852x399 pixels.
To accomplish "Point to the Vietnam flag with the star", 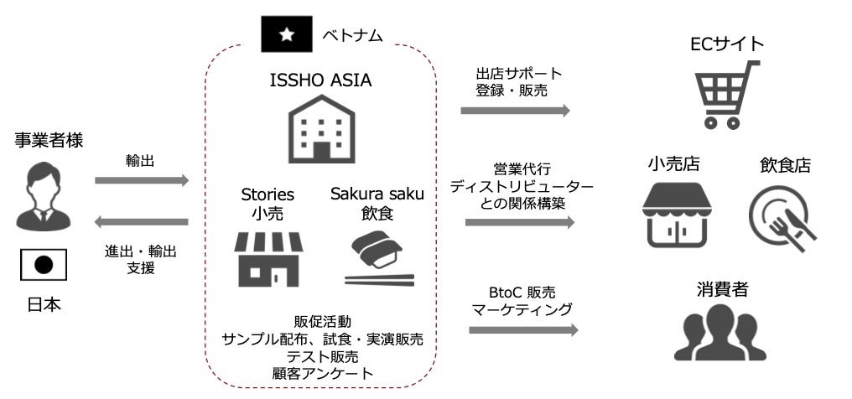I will [286, 34].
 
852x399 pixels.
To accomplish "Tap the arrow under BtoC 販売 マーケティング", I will [523, 329].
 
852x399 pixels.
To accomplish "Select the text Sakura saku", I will [377, 194].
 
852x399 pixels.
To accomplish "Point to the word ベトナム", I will [352, 35].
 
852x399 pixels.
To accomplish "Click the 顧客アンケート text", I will [323, 373].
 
